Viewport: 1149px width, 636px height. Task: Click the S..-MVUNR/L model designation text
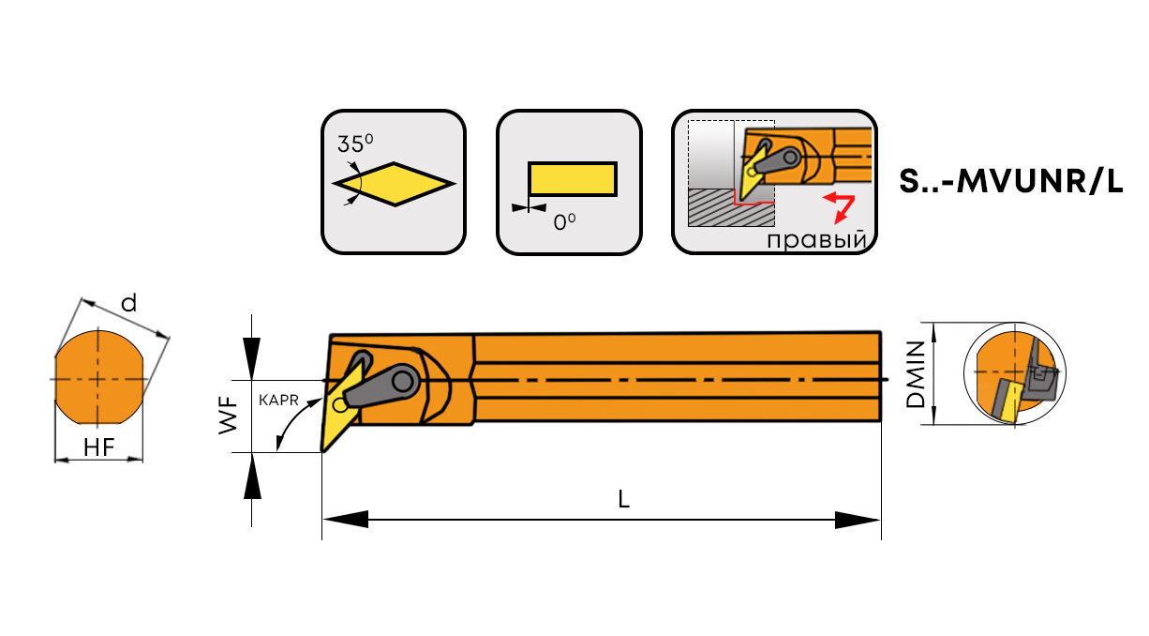click(x=1009, y=182)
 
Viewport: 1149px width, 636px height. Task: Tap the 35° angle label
click(x=355, y=144)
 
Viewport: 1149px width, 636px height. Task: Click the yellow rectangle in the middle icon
click(x=572, y=179)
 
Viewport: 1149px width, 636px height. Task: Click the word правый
click(x=814, y=240)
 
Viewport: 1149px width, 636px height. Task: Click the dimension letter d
click(x=129, y=303)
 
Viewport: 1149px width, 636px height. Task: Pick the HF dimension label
click(x=98, y=448)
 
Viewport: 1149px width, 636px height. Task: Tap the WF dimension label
click(x=228, y=416)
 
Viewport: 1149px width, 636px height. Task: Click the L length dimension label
click(x=623, y=500)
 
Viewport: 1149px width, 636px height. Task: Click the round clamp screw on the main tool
click(x=405, y=381)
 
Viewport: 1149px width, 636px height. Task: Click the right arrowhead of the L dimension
click(x=858, y=520)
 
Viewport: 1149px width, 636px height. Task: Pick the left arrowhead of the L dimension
click(x=345, y=520)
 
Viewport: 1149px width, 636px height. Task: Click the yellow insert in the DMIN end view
click(x=1006, y=399)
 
